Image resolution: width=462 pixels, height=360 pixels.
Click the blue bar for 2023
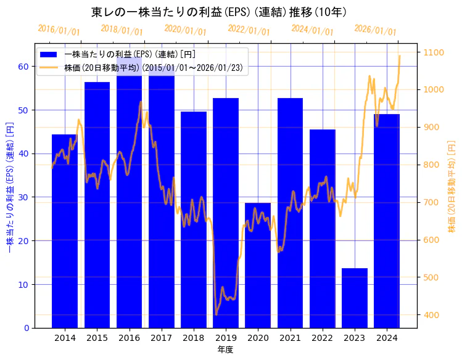(x=355, y=298)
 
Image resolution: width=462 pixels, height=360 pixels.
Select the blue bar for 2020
(x=258, y=265)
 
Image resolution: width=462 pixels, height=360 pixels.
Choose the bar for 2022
(x=323, y=228)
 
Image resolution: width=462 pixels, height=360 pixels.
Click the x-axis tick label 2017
(x=161, y=338)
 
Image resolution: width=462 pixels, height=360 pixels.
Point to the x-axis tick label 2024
(x=387, y=338)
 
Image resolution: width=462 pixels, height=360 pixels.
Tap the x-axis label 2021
(x=290, y=338)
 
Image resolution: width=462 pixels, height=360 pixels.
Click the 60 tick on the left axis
(x=23, y=67)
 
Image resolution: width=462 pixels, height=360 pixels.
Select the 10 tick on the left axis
(x=23, y=284)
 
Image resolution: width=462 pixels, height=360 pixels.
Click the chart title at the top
(x=219, y=12)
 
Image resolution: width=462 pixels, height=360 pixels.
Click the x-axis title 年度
(x=226, y=350)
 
